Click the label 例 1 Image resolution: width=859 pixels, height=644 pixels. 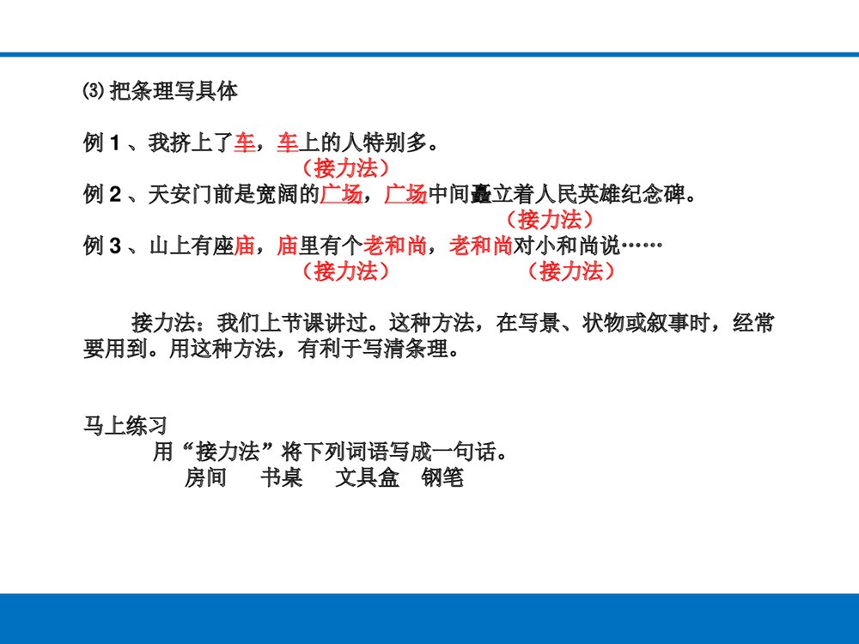(x=101, y=143)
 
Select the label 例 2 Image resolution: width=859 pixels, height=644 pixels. (x=101, y=195)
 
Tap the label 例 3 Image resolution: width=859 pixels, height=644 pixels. (x=101, y=247)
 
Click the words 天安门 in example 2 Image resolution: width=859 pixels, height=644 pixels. (x=180, y=195)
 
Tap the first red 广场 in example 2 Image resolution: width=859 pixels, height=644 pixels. (x=341, y=195)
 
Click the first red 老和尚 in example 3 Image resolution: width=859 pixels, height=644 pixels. (x=394, y=247)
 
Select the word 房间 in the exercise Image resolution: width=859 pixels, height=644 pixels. (x=205, y=477)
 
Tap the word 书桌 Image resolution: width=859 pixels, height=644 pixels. (x=281, y=477)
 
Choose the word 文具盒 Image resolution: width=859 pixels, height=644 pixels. (x=367, y=477)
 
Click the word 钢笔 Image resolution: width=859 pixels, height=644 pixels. (x=442, y=477)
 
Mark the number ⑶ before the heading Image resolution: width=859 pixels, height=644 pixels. (x=93, y=92)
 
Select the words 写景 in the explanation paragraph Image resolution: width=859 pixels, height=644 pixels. (x=535, y=325)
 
